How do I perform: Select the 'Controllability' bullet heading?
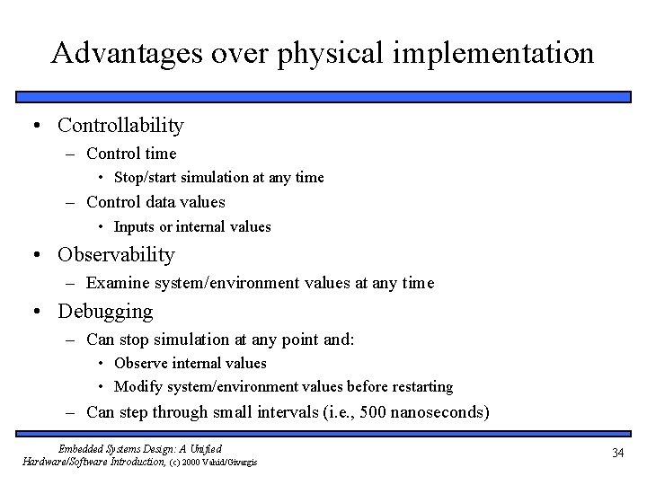120,125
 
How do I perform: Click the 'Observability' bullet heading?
116,254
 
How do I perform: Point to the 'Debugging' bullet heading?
105,312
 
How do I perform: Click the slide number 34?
616,454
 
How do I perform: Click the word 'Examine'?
116,283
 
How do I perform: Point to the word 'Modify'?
136,387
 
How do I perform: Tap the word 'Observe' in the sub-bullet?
139,364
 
